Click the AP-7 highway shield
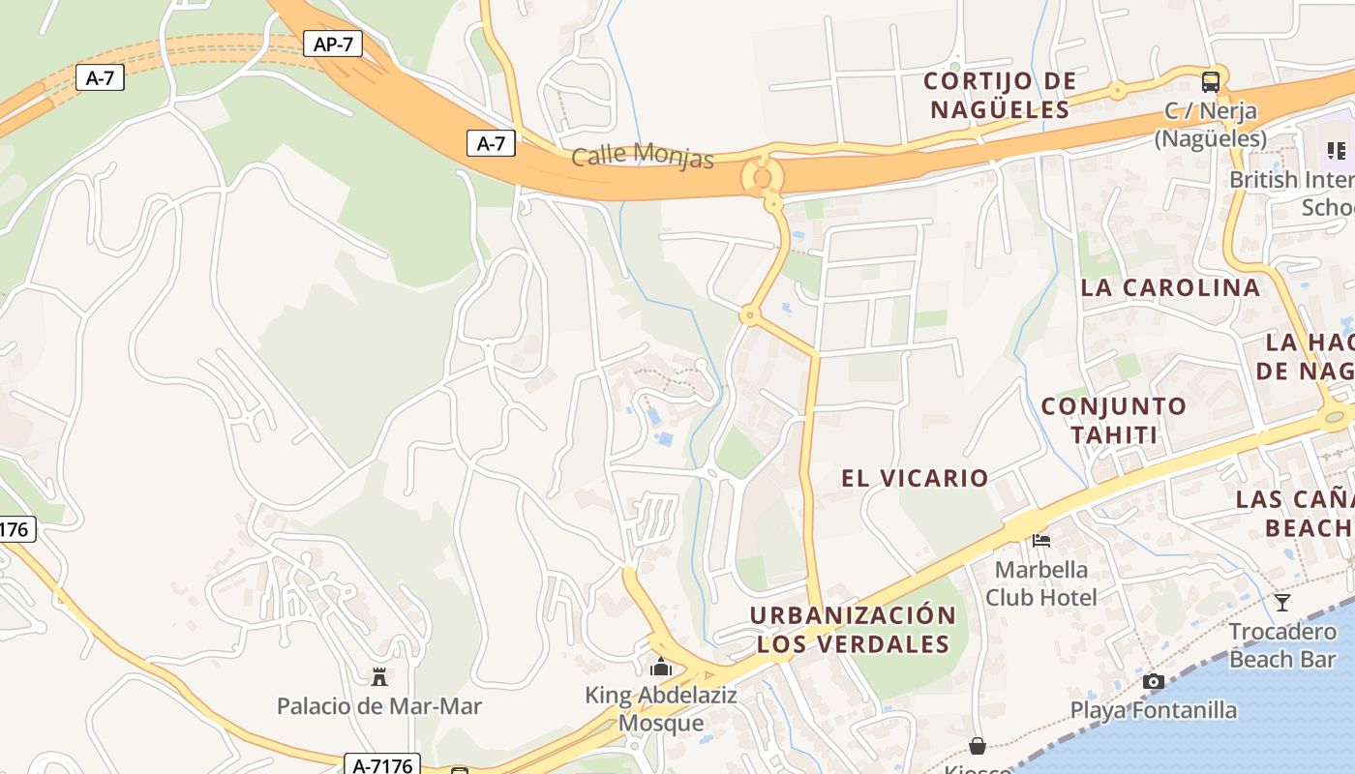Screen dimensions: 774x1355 [332, 44]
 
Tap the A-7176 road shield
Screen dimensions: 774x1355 [383, 765]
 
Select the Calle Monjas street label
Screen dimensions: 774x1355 [643, 155]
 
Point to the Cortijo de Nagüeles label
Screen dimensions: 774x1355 [1000, 95]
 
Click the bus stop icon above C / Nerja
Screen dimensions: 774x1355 [1210, 81]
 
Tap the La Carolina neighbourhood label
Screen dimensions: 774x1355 [1170, 287]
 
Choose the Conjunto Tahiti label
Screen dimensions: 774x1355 [1113, 420]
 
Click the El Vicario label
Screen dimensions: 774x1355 [915, 478]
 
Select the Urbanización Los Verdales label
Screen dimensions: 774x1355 [853, 630]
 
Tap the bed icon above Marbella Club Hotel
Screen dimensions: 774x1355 [1041, 540]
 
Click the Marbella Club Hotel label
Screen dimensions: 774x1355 [1041, 583]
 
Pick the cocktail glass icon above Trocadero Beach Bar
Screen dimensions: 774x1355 [1282, 603]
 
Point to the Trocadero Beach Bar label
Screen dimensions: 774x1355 [1282, 645]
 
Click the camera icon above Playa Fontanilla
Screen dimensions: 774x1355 [1153, 681]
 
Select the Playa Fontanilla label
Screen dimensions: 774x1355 [1153, 711]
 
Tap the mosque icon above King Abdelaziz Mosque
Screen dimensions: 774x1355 [661, 667]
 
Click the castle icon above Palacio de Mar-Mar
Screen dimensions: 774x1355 [379, 677]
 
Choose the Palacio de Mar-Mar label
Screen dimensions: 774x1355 [379, 706]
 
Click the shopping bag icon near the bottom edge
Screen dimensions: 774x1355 [978, 746]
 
